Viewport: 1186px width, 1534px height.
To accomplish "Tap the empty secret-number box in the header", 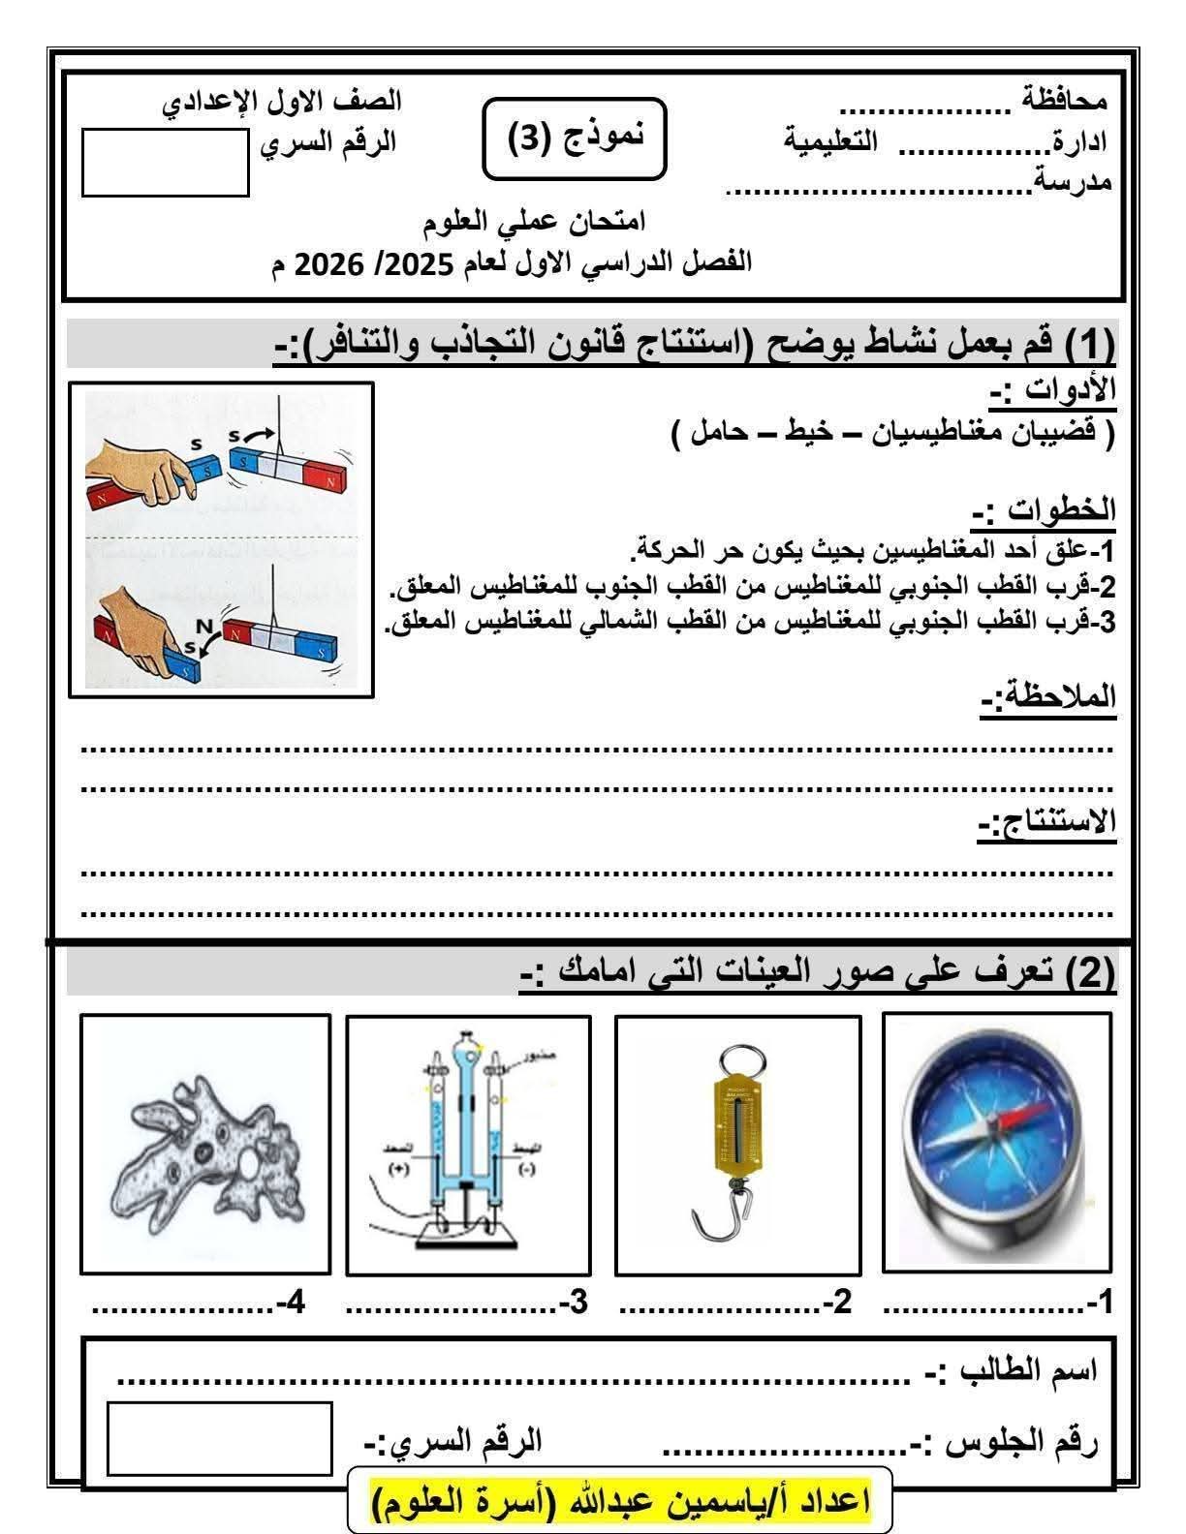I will (x=165, y=163).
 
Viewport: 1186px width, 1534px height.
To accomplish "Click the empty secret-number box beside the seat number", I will (x=219, y=1438).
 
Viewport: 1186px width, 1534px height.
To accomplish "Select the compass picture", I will (x=997, y=1142).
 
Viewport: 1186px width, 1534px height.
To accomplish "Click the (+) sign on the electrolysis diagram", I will (x=399, y=1169).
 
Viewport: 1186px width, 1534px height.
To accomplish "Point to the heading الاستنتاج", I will (x=1045, y=822).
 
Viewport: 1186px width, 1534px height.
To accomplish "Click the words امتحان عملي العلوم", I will (x=536, y=222).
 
